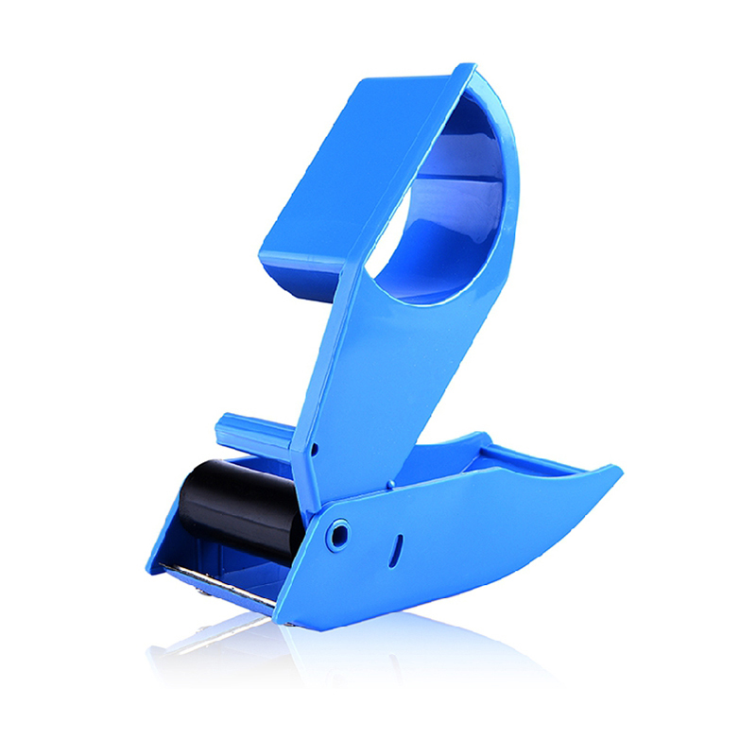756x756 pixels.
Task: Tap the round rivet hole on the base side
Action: [336, 535]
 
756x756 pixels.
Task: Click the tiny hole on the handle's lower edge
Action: [314, 451]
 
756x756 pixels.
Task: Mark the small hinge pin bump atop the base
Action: [387, 487]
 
